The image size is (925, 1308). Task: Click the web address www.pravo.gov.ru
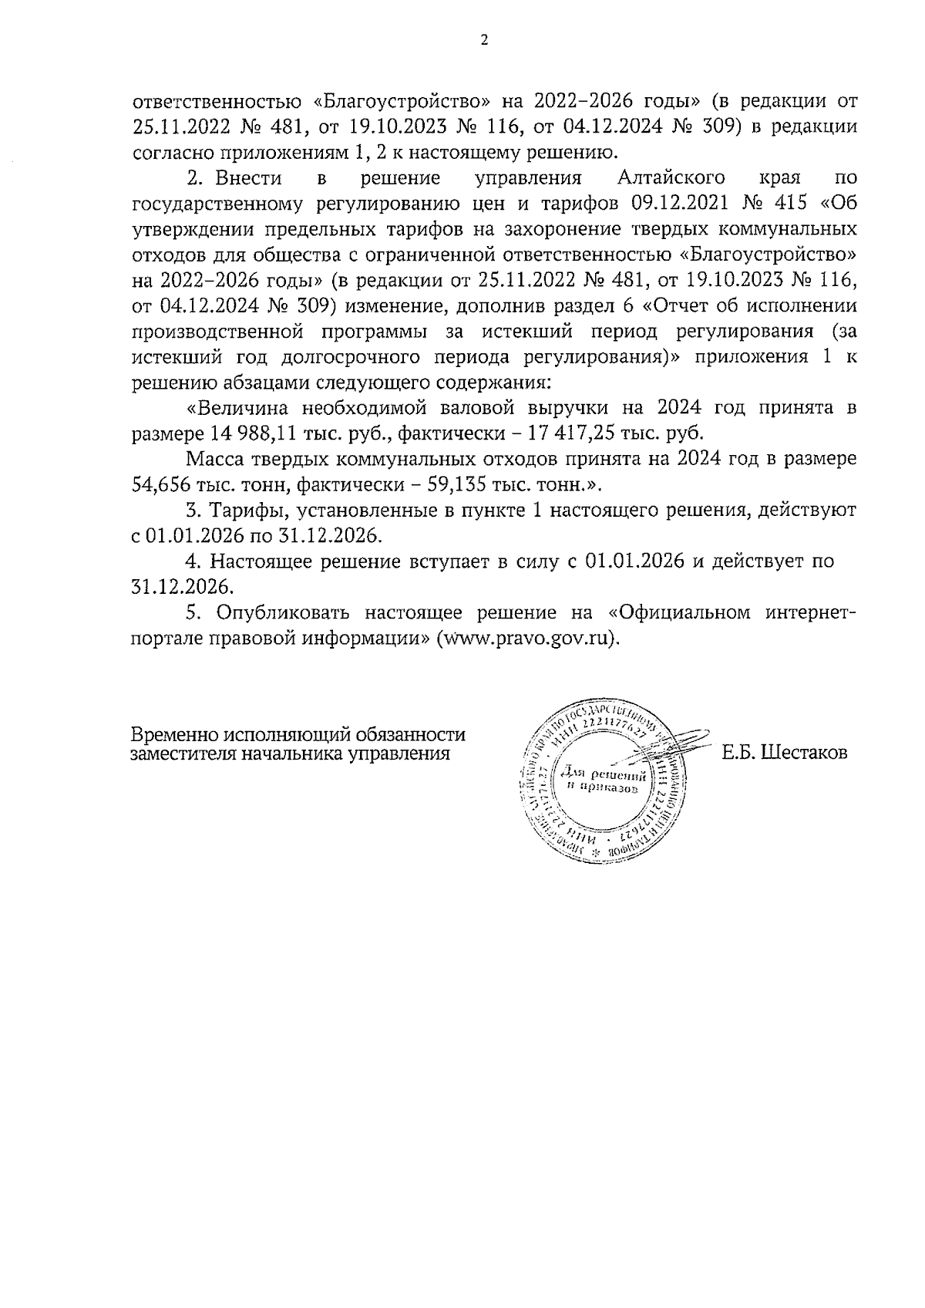pyautogui.click(x=526, y=639)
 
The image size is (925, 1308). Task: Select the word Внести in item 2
pyautogui.click(x=248, y=178)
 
